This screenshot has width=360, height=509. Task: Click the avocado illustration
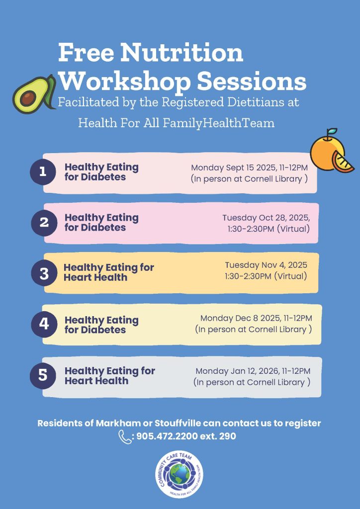coord(34,94)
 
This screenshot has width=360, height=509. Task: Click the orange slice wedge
coord(342,162)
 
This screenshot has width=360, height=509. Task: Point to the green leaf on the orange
coord(332,131)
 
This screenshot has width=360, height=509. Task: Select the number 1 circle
coord(43,171)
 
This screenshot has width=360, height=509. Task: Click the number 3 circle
coord(44,273)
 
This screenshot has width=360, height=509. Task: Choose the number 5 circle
coord(43,375)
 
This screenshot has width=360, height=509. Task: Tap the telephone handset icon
coord(125,436)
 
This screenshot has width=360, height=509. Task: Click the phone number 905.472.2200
coord(167,436)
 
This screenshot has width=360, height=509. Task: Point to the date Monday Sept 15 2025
coord(234,168)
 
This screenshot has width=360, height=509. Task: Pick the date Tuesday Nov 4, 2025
coord(266,265)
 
